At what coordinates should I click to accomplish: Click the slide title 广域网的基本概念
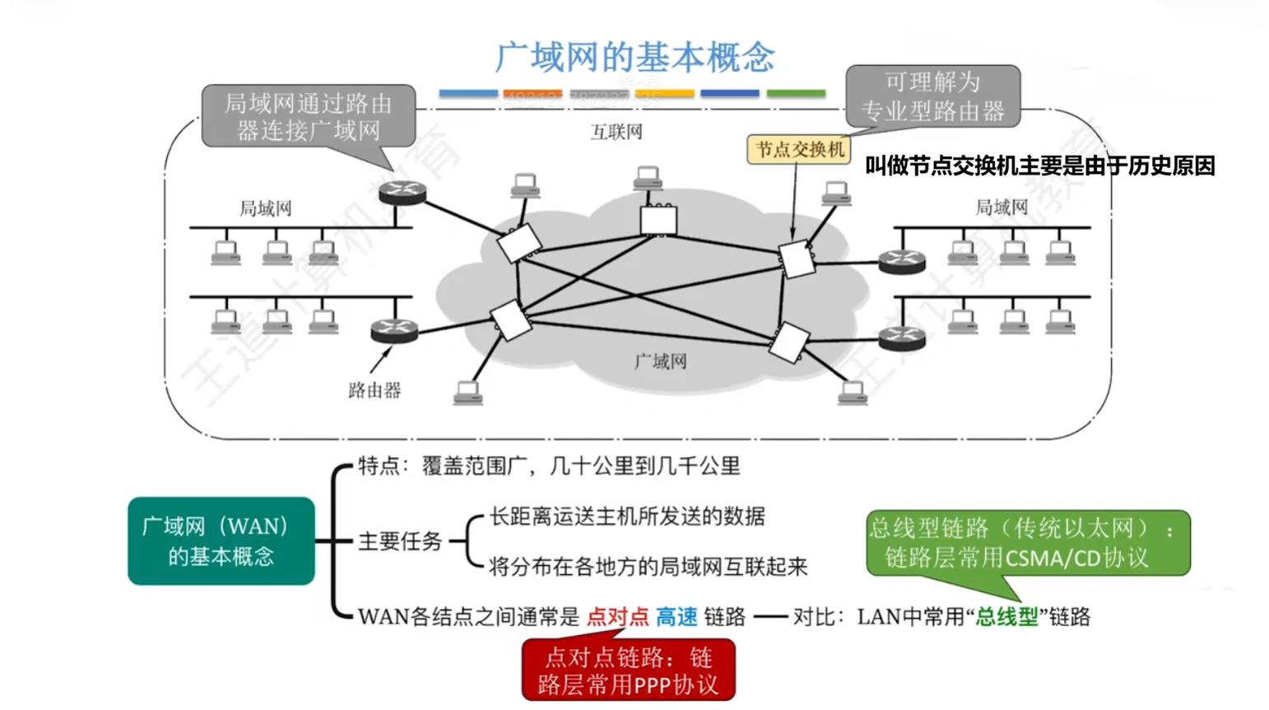tap(634, 57)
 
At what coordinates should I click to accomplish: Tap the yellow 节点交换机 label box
tap(799, 149)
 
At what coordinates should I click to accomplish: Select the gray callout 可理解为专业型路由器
tap(932, 96)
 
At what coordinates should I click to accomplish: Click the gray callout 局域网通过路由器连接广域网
tap(309, 116)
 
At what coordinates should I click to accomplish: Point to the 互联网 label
tap(616, 132)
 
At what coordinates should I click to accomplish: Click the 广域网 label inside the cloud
tap(660, 361)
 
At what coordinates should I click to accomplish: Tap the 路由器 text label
tap(374, 390)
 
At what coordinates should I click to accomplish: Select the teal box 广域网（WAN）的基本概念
tap(221, 541)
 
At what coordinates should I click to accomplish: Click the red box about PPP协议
tap(628, 670)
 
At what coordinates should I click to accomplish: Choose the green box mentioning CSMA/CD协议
tap(1028, 543)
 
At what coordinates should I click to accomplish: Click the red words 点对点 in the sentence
tap(617, 617)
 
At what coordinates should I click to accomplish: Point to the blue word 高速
tap(676, 617)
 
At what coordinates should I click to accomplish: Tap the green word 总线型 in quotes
tap(1006, 617)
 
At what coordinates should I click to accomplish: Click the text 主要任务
tap(400, 541)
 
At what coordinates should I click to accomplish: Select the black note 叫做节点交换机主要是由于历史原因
tap(1039, 166)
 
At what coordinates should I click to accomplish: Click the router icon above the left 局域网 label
tap(402, 193)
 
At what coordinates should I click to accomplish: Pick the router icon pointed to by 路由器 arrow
tap(394, 331)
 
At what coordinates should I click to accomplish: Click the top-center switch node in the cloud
tap(658, 219)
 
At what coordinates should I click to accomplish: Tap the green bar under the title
tap(796, 94)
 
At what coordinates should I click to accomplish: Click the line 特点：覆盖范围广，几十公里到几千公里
tap(549, 466)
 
